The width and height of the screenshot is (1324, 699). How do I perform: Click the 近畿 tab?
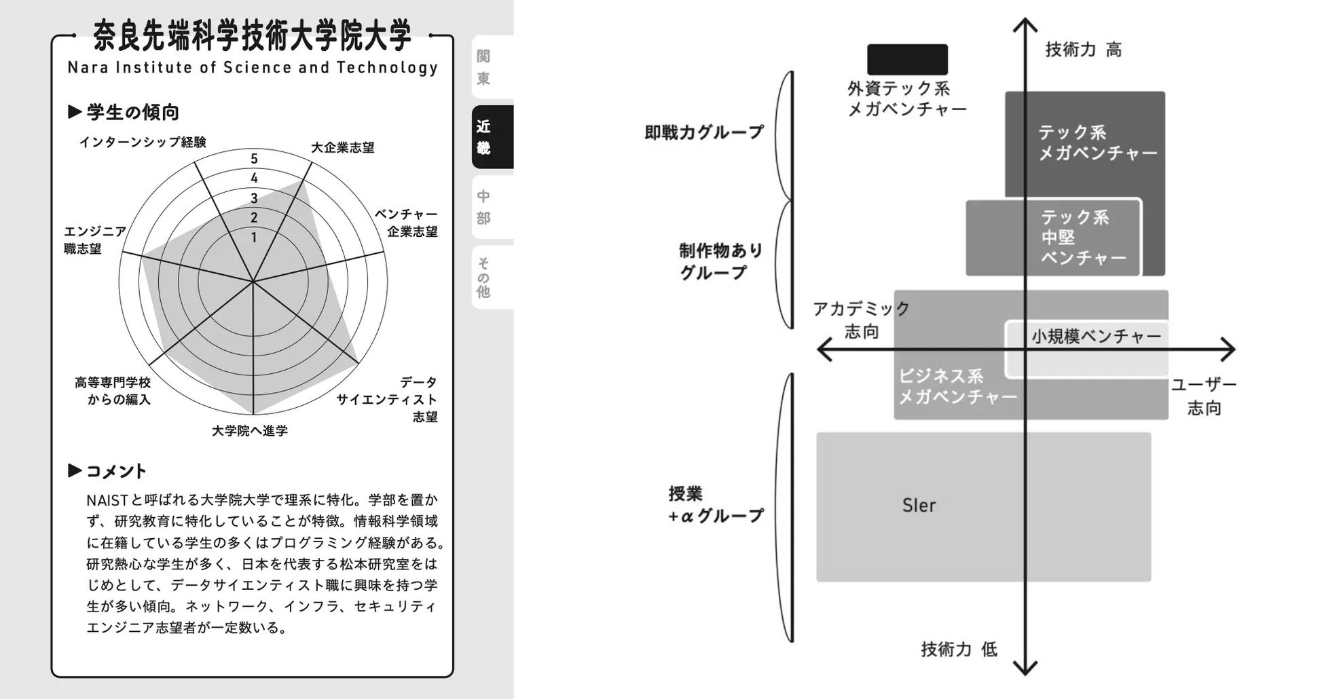492,136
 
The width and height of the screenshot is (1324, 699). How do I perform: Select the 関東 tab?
492,67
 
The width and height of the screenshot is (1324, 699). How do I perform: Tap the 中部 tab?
492,207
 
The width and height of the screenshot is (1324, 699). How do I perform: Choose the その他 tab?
492,277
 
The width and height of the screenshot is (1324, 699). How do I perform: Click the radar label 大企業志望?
342,147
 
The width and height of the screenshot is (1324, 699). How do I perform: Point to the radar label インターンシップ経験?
143,142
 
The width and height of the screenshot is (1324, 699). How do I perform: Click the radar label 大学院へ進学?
250,431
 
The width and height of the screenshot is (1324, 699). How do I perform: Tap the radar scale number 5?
254,159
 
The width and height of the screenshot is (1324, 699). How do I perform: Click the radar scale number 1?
254,238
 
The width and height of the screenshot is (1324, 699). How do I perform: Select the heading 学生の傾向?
132,112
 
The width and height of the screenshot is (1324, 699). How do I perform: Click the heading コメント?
115,471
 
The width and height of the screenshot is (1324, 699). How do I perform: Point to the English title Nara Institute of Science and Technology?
253,67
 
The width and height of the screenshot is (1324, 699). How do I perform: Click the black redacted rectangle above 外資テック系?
907,60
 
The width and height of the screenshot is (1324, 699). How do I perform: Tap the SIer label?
919,506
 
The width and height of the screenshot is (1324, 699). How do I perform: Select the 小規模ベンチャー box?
1095,337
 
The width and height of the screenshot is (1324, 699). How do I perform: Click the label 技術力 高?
1083,50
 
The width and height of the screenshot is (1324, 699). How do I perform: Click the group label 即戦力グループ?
704,132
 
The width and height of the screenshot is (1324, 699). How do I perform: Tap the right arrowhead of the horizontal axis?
1228,349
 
